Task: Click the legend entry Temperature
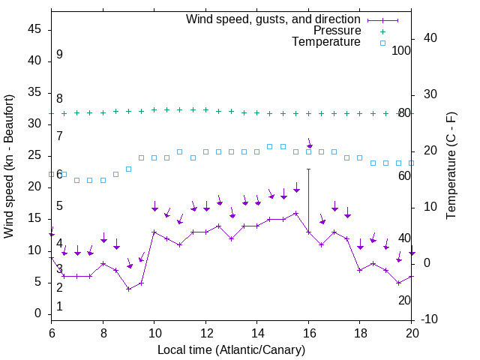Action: (x=326, y=42)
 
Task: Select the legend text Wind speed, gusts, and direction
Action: (x=273, y=19)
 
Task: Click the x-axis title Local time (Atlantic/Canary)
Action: (x=231, y=349)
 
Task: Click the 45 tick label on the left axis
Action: (x=34, y=29)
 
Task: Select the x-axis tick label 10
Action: (x=154, y=333)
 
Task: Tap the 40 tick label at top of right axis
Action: (x=430, y=38)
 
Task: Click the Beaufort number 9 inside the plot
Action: (x=59, y=55)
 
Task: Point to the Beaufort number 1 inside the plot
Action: (x=59, y=306)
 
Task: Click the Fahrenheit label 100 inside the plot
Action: (x=401, y=50)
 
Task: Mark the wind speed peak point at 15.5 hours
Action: (x=296, y=213)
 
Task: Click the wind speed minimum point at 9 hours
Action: (x=129, y=289)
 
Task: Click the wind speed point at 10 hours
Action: (x=154, y=232)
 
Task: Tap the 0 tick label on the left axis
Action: (x=38, y=313)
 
